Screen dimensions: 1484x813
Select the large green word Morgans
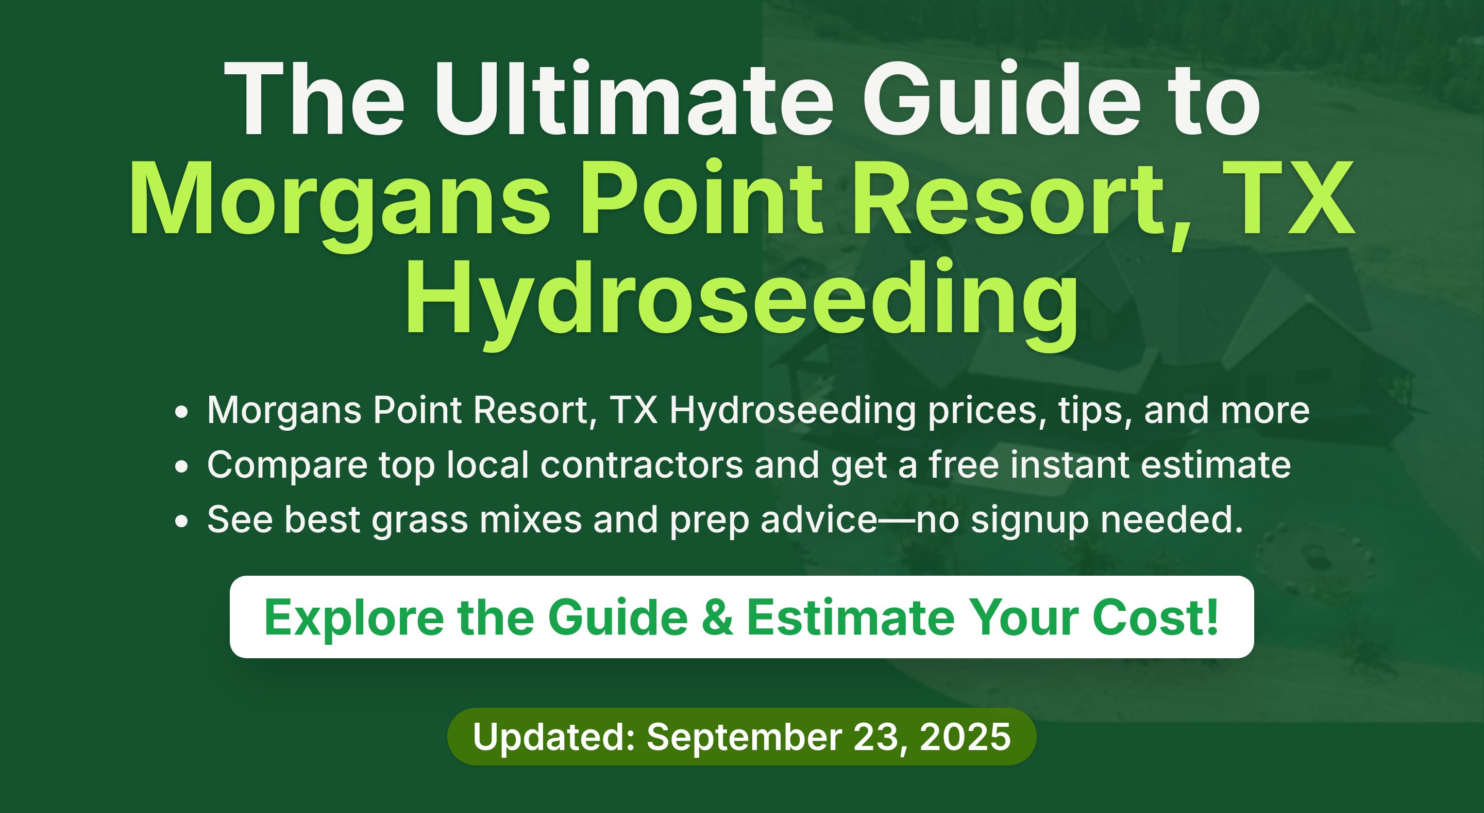click(x=340, y=202)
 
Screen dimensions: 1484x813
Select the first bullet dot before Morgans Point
click(x=181, y=412)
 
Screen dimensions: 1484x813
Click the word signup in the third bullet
click(x=1030, y=521)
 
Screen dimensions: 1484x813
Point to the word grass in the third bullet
click(x=419, y=521)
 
